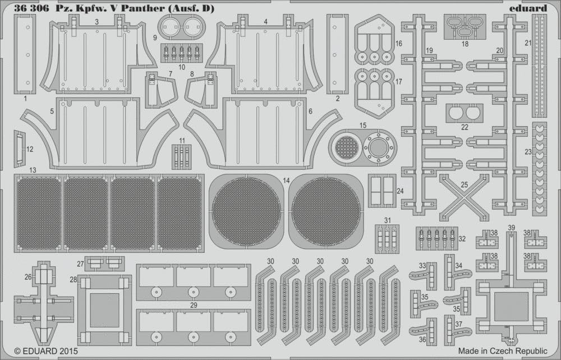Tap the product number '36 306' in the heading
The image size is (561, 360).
[x=31, y=9]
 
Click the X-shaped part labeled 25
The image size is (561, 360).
[x=464, y=197]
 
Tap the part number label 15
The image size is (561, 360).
[x=363, y=126]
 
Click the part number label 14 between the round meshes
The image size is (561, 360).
[x=286, y=181]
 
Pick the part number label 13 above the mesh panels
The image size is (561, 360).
[x=33, y=170]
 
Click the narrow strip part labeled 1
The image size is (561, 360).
[x=25, y=54]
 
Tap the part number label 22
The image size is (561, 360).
[x=465, y=127]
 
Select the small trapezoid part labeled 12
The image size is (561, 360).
[x=19, y=149]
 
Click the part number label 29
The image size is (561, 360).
[x=194, y=305]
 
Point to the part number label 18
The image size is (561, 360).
[x=465, y=44]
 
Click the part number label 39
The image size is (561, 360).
[x=511, y=228]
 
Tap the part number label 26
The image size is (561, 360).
[x=28, y=276]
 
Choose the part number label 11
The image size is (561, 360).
[x=182, y=141]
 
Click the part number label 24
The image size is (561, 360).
[x=400, y=191]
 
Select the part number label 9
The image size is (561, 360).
[x=155, y=38]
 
